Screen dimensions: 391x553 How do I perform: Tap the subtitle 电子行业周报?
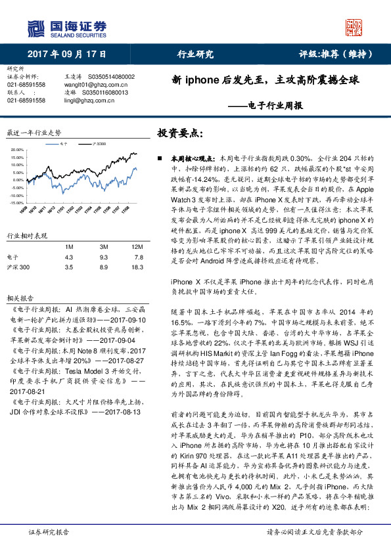point(275,105)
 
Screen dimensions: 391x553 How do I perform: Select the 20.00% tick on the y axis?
point(16,150)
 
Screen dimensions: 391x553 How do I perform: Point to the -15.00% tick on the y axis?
point(16,204)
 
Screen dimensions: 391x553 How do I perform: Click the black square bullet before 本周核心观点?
point(160,159)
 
